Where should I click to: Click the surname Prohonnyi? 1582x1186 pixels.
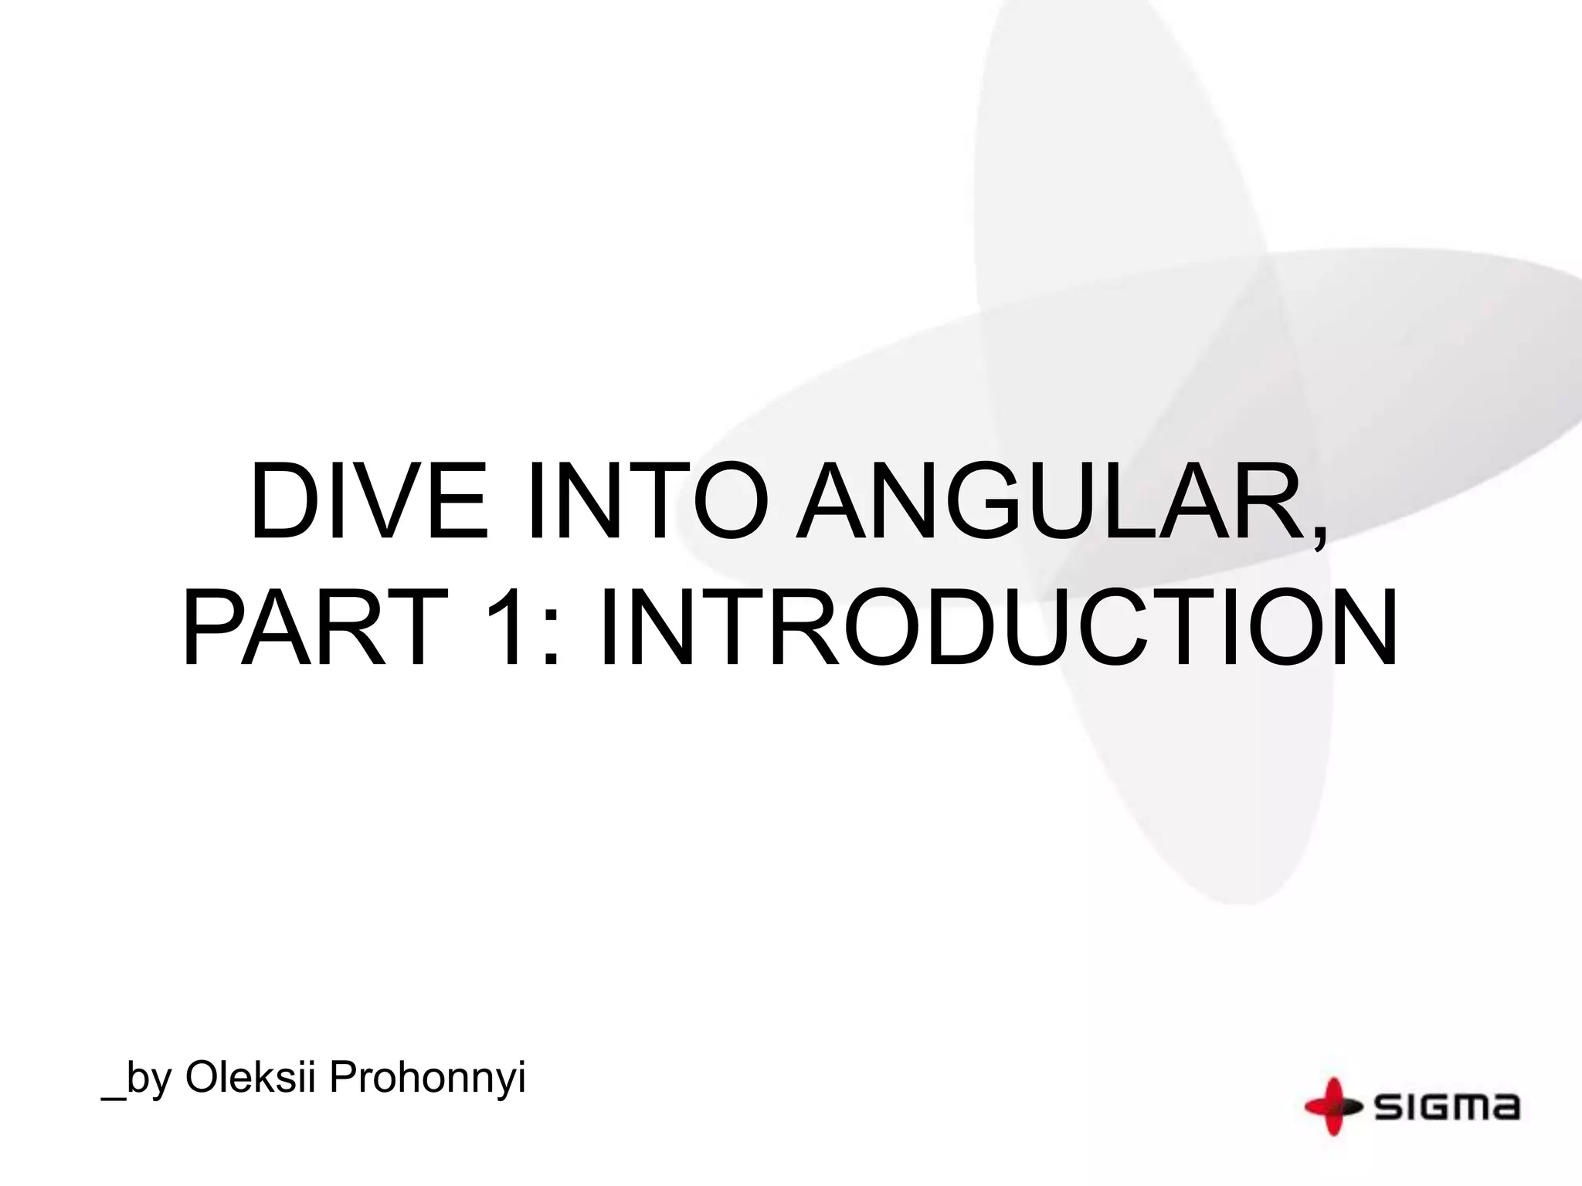[x=427, y=1079]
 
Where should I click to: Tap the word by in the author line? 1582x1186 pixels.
[x=149, y=1080]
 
